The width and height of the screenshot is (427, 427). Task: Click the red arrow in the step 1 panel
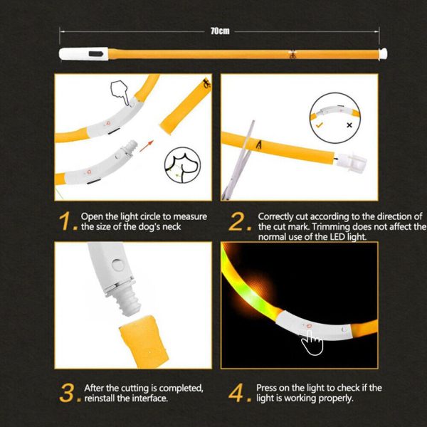click(x=147, y=147)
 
